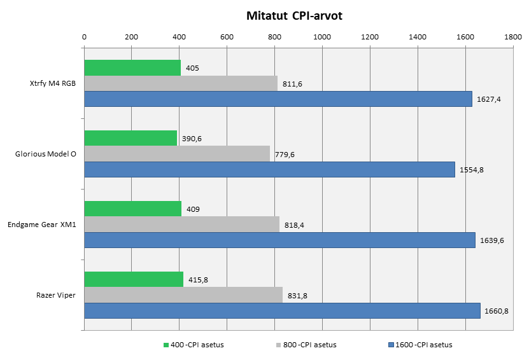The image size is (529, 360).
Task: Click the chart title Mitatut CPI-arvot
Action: point(294,16)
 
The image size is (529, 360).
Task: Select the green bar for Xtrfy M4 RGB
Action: point(132,67)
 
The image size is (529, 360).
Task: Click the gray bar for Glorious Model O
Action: point(177,153)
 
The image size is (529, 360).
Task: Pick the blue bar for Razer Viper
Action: point(282,310)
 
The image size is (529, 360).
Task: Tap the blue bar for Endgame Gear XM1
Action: point(279,240)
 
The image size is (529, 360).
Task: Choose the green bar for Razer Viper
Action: point(134,279)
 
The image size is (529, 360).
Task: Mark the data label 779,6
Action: point(286,154)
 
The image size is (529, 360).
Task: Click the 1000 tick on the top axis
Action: point(322,37)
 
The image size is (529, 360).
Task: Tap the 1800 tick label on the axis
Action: point(512,37)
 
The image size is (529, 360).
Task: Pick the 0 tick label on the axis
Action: point(85,37)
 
